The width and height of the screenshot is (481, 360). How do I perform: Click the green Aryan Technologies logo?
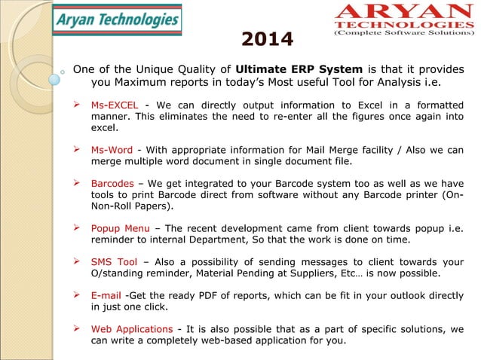click(118, 21)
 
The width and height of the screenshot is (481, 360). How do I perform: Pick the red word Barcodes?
click(113, 183)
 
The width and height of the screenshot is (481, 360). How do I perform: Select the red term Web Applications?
click(131, 329)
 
